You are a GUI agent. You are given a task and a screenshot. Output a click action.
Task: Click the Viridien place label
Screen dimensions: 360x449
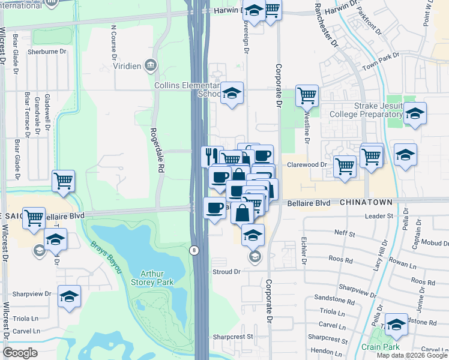click(125, 64)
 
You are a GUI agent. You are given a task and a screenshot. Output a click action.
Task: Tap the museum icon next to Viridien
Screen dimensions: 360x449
click(150, 64)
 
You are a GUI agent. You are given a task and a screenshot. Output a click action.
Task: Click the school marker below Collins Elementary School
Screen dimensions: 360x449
click(232, 94)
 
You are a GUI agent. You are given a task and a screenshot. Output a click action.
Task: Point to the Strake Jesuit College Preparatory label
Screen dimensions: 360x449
click(378, 110)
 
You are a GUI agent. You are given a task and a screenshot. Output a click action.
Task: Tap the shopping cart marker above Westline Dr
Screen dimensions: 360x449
click(307, 95)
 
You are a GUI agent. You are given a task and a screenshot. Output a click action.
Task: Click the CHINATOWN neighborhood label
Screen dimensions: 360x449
click(366, 203)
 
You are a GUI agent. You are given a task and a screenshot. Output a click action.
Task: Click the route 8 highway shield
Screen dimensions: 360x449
click(194, 250)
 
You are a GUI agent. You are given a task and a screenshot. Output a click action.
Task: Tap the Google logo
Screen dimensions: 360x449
click(20, 353)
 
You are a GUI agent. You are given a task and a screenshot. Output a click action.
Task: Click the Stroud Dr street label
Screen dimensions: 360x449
click(226, 272)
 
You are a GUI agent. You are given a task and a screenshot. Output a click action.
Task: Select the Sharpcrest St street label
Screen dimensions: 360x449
click(233, 337)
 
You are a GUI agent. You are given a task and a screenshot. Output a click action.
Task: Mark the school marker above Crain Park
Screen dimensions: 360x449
click(396, 325)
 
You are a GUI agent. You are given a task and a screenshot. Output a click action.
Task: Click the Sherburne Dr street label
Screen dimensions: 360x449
click(46, 52)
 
